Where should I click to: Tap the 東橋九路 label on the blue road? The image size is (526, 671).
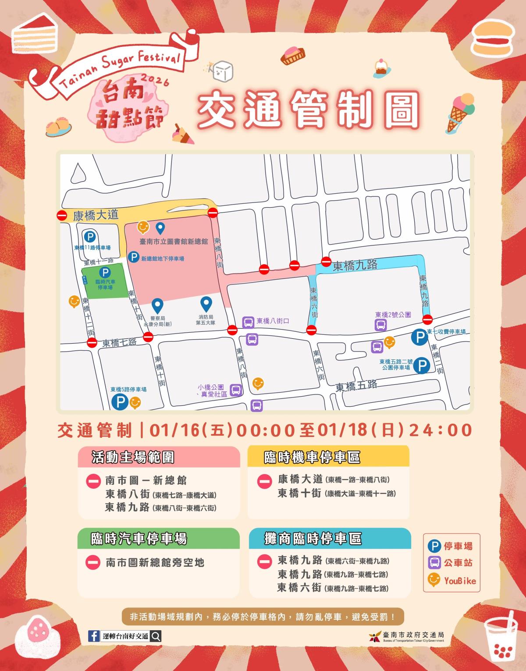click(x=355, y=266)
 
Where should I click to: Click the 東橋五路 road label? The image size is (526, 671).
click(x=356, y=387)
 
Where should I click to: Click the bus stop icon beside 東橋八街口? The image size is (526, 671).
click(x=248, y=323)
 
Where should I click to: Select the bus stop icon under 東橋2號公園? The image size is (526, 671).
click(x=380, y=325)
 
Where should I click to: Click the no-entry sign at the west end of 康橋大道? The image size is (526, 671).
click(x=62, y=215)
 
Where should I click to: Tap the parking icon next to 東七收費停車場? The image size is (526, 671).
click(x=419, y=337)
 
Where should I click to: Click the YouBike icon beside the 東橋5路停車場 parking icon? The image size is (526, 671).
click(x=135, y=401)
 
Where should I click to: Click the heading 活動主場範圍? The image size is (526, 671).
click(x=133, y=457)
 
